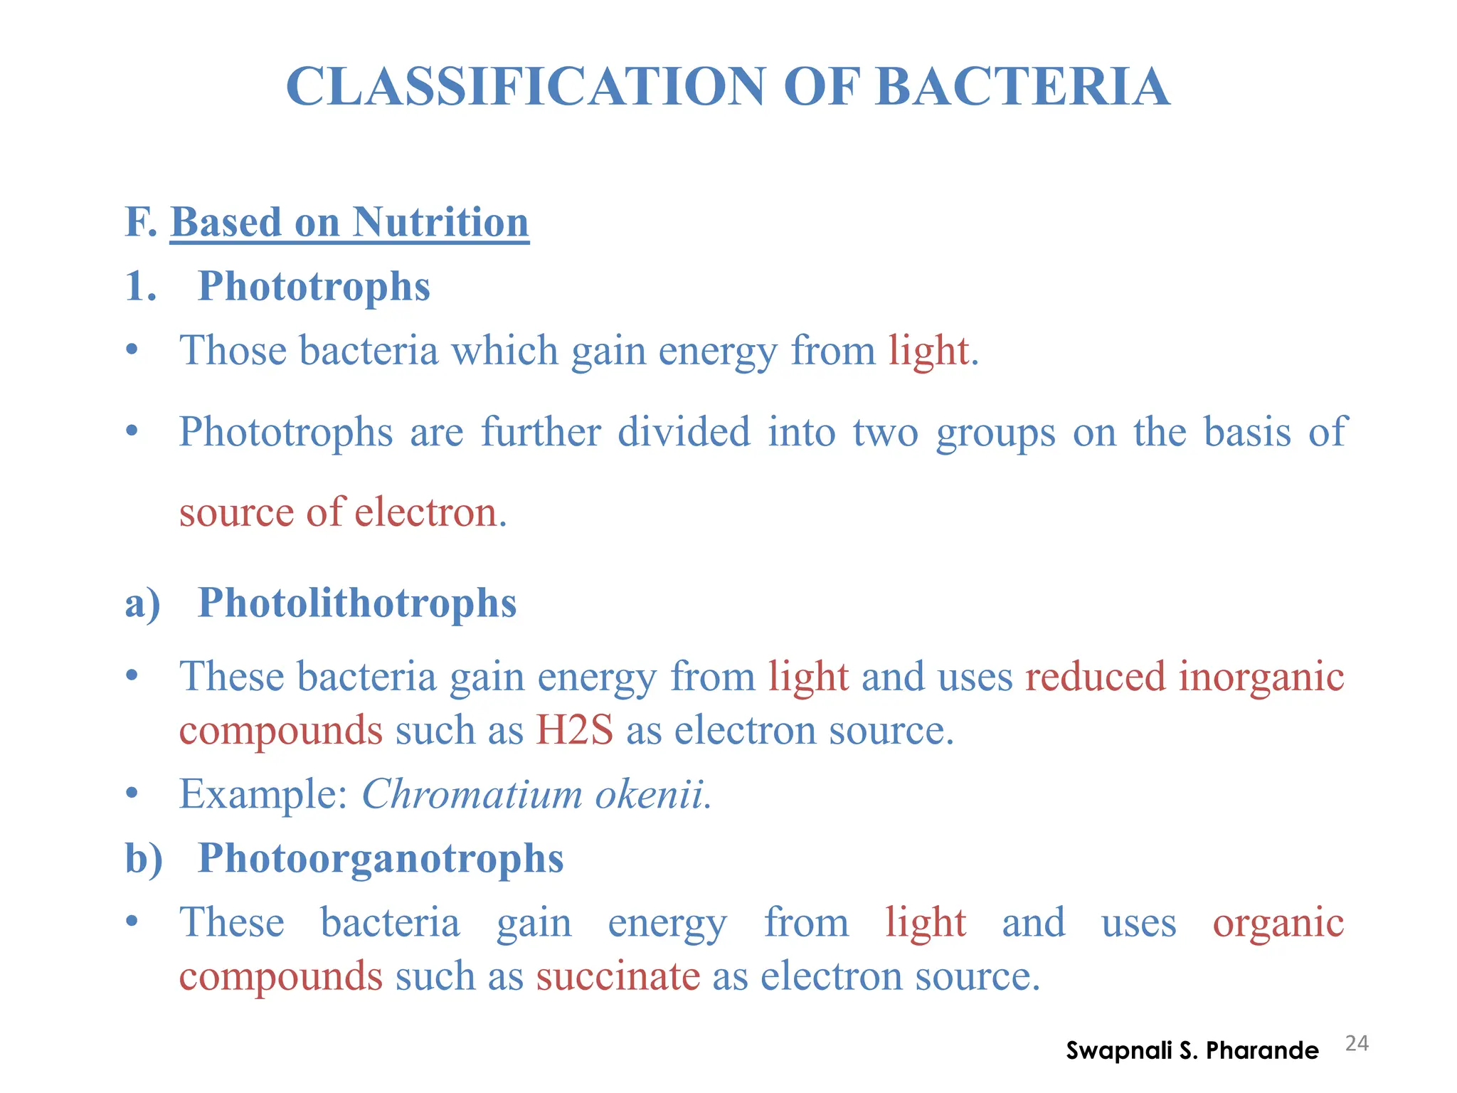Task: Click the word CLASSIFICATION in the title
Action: (526, 87)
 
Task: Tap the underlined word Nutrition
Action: (440, 222)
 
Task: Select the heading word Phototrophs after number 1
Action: (314, 286)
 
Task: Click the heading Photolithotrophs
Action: (356, 603)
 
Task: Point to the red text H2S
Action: (574, 730)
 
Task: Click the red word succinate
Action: (618, 976)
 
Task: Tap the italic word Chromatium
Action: (472, 794)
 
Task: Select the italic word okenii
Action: (650, 794)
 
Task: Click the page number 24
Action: (1357, 1043)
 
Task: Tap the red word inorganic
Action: (1261, 676)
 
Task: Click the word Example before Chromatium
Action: (262, 794)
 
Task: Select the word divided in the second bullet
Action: (683, 432)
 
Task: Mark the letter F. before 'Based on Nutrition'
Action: (140, 222)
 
